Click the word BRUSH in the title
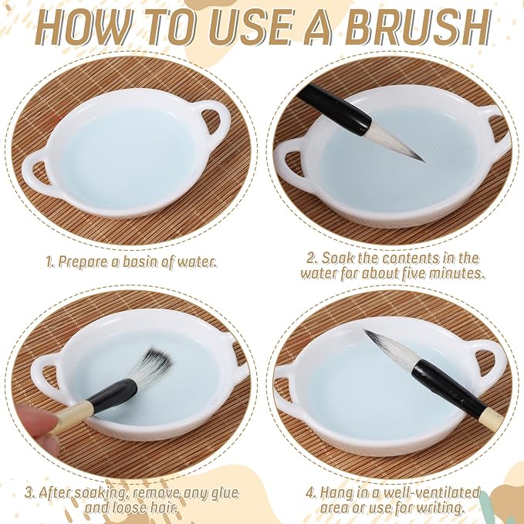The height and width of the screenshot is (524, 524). [417, 28]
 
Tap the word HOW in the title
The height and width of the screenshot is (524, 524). [83, 28]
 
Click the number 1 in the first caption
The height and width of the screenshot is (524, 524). [49, 262]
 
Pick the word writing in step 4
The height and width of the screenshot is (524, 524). [439, 508]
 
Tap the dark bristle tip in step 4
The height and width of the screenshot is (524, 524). [374, 337]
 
